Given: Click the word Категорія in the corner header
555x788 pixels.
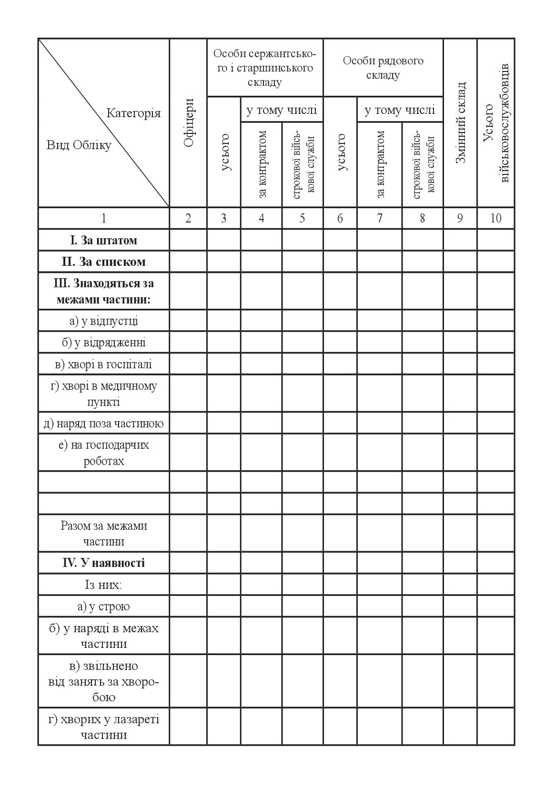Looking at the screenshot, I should pos(133,113).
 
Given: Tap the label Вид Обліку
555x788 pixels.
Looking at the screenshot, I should pos(79,145).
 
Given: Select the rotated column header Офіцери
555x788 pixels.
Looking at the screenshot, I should pos(189,123).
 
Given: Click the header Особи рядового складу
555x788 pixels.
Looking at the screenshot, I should pos(383,68).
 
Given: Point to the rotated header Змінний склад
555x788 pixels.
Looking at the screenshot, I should pos(460,123).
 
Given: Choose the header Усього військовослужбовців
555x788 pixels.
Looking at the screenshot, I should pos(496,123).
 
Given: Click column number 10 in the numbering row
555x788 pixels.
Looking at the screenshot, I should pos(496,218).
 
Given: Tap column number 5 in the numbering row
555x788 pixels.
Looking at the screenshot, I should pos(303,218).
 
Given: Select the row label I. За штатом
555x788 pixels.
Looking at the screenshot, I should pos(104,240).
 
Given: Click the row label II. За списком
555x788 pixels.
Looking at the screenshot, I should pos(104,262).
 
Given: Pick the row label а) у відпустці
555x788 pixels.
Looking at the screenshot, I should pos(104,321).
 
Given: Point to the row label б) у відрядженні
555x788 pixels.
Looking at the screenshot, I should pos(104,343).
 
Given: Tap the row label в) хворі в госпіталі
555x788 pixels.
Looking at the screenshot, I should pos(104,364).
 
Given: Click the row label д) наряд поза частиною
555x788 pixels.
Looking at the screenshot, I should pos(104,424).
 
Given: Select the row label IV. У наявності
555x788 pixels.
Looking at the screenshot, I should pos(104,563).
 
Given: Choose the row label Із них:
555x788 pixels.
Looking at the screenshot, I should pos(104,585).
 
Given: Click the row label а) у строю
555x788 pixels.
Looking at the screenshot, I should pos(104,606).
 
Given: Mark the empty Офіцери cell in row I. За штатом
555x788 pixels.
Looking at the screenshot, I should pos(188,240).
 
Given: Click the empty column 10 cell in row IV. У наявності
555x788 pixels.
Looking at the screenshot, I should pos(496,563).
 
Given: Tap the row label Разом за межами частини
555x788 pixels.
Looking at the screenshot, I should pos(104,534).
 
